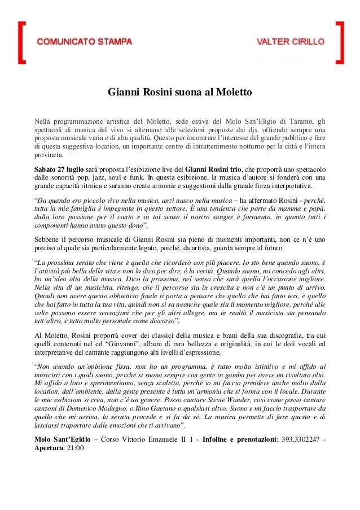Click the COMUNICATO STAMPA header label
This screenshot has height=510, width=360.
[85, 42]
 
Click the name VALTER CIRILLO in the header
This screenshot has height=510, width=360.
[291, 42]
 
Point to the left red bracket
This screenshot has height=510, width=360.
[21, 42]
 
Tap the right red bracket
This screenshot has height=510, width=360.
[339, 42]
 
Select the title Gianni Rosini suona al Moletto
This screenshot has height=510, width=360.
[179, 91]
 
